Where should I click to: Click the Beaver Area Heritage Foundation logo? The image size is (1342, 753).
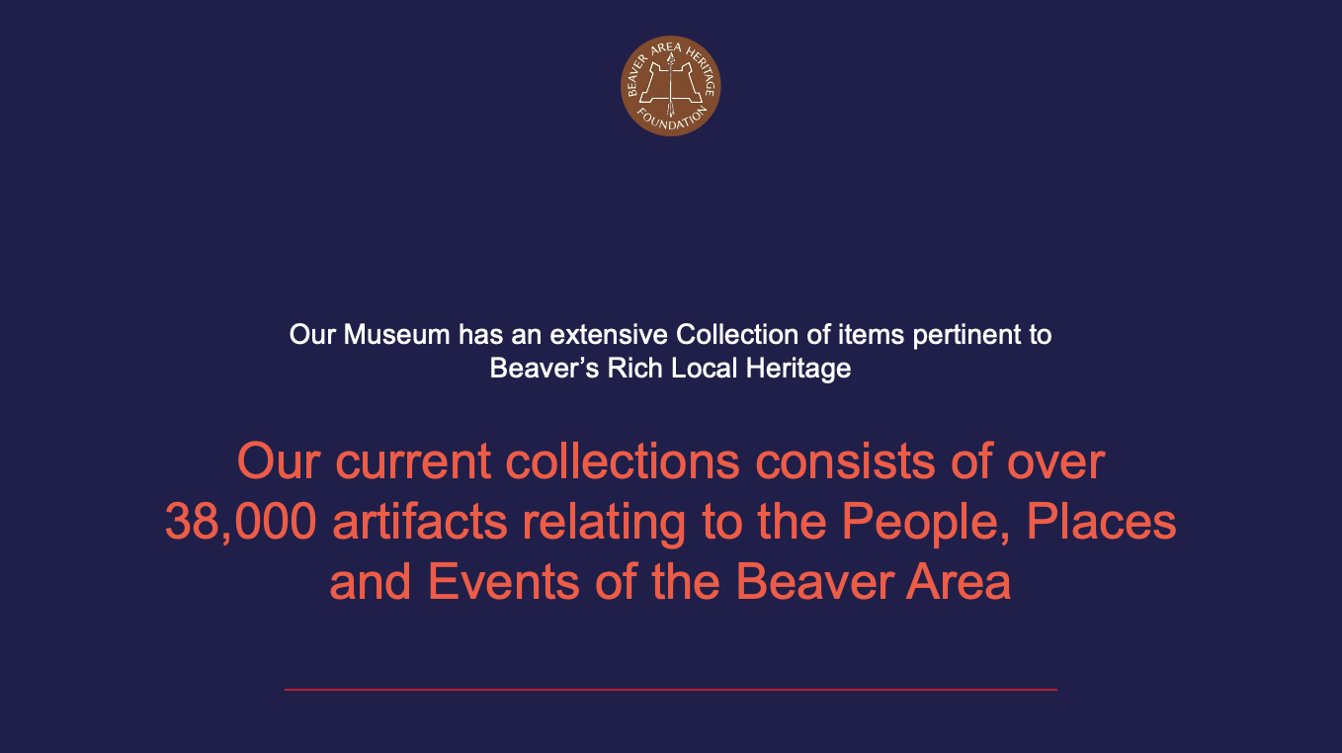[671, 86]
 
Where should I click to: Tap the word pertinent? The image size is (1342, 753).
[965, 335]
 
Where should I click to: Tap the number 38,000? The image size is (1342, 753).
[241, 523]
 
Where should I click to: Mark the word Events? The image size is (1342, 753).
[504, 582]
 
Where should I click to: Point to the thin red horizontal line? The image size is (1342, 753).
[671, 690]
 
